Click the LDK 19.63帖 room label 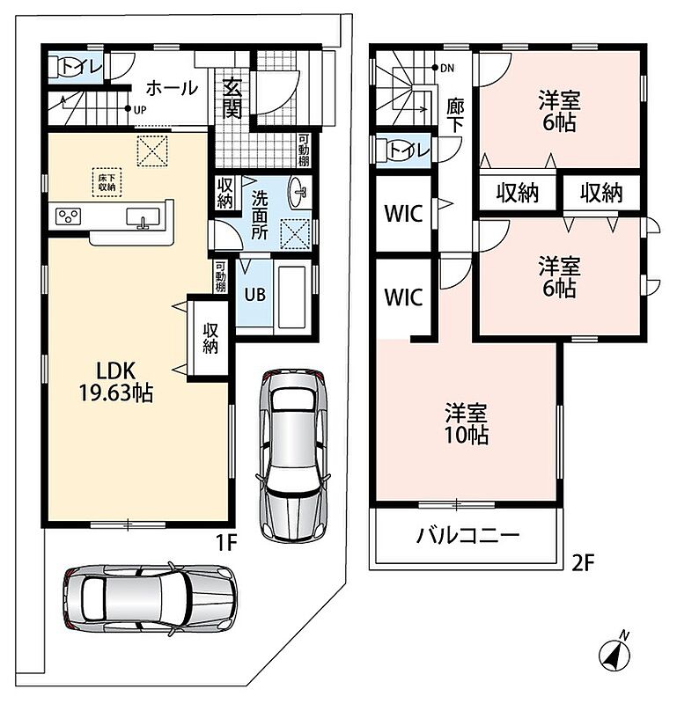pos(116,382)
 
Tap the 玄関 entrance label pos(232,99)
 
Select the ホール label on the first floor pos(172,88)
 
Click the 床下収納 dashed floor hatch pos(107,182)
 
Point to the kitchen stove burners pos(69,216)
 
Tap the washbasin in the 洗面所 pos(299,193)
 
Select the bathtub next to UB pos(292,298)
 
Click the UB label pos(254,295)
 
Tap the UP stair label pos(140,109)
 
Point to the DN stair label pos(447,69)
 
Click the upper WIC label pos(403,214)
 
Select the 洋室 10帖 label pos(467,424)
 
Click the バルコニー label pos(467,535)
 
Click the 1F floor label pos(226,543)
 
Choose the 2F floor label pos(583,562)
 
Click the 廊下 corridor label pos(455,116)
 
